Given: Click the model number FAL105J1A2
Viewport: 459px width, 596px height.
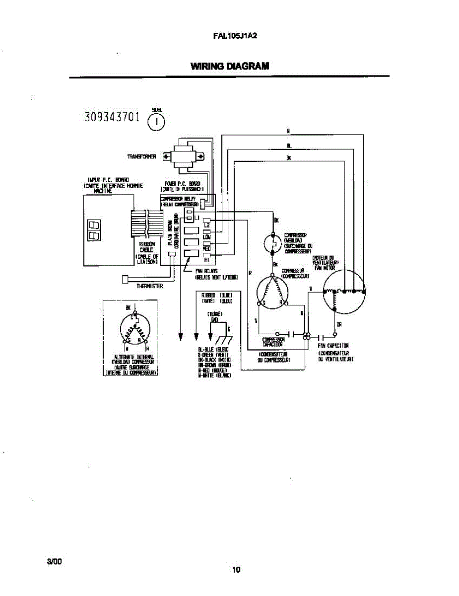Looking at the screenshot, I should (236, 36).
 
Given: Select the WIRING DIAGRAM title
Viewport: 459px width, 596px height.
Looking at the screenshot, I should (230, 66).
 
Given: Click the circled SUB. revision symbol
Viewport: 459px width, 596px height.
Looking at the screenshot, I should (156, 120).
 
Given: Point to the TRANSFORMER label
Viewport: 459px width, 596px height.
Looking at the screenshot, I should (141, 156).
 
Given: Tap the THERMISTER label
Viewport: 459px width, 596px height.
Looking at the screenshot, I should (149, 286).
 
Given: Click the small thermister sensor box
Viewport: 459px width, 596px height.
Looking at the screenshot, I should (125, 280).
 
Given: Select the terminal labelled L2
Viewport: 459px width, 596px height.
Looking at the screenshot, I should (207, 225).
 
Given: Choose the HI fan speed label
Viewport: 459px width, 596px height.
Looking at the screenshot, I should (207, 260).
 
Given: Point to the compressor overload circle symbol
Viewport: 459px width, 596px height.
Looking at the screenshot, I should (273, 243).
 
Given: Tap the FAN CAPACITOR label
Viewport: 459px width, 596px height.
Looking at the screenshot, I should (333, 346).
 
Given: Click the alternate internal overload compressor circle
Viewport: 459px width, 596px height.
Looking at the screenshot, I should (134, 330).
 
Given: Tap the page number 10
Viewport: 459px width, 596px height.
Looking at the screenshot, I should (236, 570).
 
